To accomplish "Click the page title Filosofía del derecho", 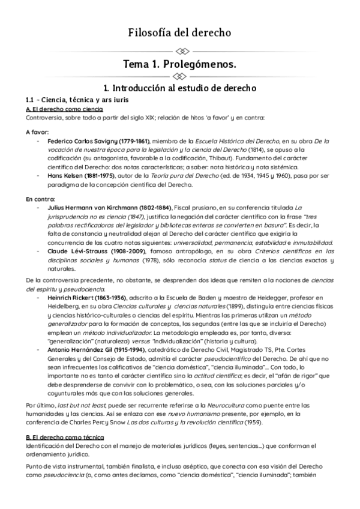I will click(x=180, y=32).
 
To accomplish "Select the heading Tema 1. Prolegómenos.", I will click(x=180, y=63).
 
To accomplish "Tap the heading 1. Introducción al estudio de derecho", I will click(x=180, y=88).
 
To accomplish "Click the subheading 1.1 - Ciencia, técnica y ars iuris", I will click(x=75, y=99).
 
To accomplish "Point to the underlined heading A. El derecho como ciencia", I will click(x=65, y=109).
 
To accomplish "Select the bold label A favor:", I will click(x=38, y=131).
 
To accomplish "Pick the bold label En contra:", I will click(x=40, y=198).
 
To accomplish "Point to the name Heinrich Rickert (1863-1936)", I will click(x=89, y=298).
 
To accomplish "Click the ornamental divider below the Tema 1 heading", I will click(x=180, y=76).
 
